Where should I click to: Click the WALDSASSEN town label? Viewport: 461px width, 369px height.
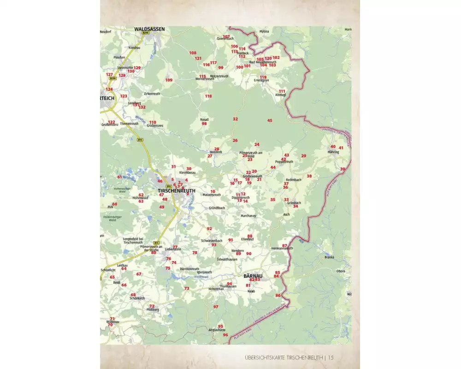[x=149, y=29]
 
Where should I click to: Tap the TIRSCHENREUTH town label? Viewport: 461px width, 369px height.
[x=177, y=190]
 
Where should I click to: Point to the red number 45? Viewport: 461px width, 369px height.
[x=270, y=120]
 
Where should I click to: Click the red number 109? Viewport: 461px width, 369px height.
[x=169, y=80]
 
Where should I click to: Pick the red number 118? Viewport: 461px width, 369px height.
[x=208, y=96]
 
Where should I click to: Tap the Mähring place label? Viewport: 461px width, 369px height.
[x=333, y=151]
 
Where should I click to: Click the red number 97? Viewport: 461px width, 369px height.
[x=215, y=307]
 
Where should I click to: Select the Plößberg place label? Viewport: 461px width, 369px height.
[x=153, y=310]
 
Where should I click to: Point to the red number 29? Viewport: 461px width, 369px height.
[x=303, y=156]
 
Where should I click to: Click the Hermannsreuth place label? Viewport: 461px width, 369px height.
[x=282, y=249]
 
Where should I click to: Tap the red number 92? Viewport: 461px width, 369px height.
[x=209, y=229]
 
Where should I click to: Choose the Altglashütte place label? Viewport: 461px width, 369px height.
[x=217, y=330]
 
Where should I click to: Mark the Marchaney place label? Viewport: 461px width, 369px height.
[x=248, y=215]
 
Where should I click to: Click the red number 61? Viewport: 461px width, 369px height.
[x=119, y=177]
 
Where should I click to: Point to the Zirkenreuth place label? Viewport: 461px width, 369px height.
[x=152, y=94]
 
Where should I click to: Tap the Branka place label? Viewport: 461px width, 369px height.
[x=329, y=257]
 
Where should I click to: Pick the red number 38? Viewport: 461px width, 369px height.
[x=309, y=176]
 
